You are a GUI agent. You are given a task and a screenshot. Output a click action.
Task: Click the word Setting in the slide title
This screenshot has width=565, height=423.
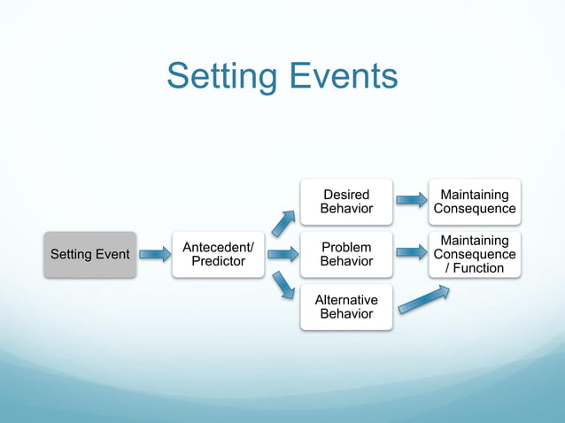pos(221,77)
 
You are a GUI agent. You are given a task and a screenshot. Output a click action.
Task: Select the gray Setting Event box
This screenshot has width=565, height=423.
pos(90,255)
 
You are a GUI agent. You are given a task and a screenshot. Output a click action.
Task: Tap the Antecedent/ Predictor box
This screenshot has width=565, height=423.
pos(218,254)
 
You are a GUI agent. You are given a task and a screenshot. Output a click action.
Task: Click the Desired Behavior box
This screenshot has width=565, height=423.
pos(346,201)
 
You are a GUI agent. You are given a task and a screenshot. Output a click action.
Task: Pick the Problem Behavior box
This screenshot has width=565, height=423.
pos(346,254)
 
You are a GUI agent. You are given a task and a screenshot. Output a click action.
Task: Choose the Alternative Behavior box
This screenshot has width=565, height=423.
pos(346,307)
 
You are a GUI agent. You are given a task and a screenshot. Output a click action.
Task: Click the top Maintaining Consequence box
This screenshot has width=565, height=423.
pos(474,201)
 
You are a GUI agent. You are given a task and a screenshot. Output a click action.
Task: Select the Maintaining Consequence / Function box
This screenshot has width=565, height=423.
pos(474,254)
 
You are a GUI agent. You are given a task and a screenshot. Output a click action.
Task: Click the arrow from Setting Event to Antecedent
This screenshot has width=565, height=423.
pos(155,255)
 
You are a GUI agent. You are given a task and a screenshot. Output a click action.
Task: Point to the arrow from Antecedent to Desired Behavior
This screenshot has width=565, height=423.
pos(283,224)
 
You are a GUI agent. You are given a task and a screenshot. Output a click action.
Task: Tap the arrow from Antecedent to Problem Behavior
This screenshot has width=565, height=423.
pos(282,255)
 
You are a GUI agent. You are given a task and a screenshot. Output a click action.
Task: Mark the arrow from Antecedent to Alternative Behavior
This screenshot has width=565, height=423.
pos(283,285)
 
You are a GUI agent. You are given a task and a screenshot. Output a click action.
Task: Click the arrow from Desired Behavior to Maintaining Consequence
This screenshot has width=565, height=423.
pos(410,201)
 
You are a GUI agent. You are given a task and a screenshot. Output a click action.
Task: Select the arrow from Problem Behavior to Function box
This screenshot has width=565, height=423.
pos(410,254)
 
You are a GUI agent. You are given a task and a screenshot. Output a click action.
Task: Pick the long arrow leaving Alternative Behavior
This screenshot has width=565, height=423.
pos(423,299)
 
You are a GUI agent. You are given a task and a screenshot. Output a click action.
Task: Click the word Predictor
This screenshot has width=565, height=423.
pos(218,261)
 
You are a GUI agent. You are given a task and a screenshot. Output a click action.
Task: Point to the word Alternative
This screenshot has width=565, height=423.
pos(346,300)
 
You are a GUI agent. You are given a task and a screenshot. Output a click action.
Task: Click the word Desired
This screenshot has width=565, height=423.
pos(346,194)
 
